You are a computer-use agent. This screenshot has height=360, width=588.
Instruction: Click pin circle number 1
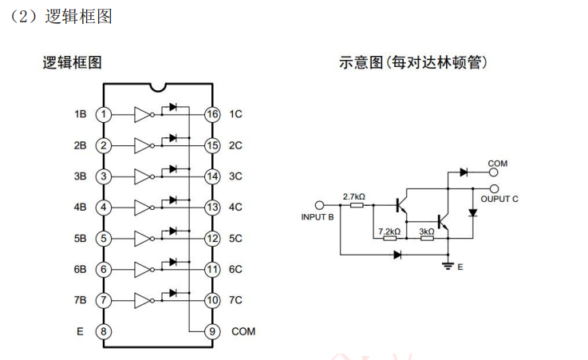coord(104,114)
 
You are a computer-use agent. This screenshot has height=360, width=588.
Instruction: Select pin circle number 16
coord(211,114)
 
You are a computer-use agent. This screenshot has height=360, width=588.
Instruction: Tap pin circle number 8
coord(104,331)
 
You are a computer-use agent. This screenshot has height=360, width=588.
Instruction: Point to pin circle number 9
coord(211,331)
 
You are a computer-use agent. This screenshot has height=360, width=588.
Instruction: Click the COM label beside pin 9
coord(243,331)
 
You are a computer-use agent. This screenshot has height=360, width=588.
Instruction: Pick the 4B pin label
coord(80,208)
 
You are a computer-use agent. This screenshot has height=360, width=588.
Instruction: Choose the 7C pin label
coord(235,300)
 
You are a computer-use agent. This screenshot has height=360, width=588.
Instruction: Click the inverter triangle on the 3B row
coord(143,176)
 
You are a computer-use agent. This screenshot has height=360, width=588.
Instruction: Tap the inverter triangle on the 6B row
coord(143,270)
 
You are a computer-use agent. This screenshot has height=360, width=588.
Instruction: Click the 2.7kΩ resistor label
coord(353,196)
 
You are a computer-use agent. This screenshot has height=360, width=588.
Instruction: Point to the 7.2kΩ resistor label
coord(389,231)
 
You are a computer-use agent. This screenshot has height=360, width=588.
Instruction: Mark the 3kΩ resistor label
coord(427,231)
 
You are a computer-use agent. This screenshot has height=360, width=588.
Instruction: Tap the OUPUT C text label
coord(499,199)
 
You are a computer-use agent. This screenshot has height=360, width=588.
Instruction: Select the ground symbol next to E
coord(448,265)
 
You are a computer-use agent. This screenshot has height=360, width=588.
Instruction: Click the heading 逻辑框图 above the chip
coord(72,62)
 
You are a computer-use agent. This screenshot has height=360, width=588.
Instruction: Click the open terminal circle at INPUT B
coord(321,204)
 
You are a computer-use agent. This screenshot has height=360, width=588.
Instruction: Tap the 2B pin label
coord(80,145)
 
